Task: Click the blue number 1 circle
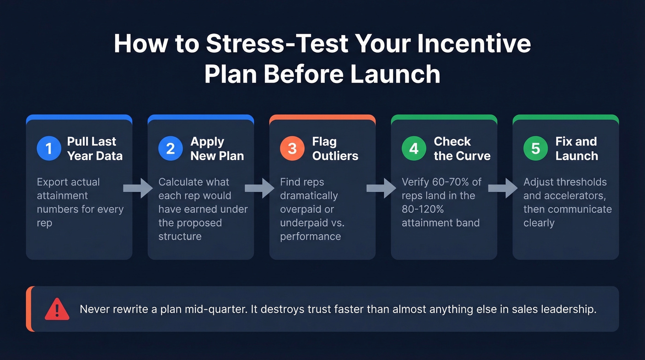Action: pyautogui.click(x=49, y=148)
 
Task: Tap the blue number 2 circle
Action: pyautogui.click(x=170, y=148)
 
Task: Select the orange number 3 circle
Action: pyautogui.click(x=292, y=148)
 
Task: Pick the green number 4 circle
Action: pyautogui.click(x=414, y=148)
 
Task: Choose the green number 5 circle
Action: pyautogui.click(x=535, y=148)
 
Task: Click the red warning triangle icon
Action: pyautogui.click(x=57, y=309)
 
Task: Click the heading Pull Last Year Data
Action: pyautogui.click(x=94, y=148)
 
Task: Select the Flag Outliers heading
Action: pyautogui.click(x=335, y=148)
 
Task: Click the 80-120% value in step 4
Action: pyautogui.click(x=422, y=209)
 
